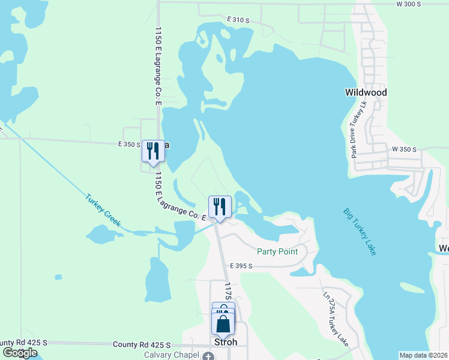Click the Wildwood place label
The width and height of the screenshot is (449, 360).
(x=366, y=92)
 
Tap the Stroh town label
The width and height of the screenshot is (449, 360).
(x=226, y=342)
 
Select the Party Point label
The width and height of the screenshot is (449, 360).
(x=277, y=251)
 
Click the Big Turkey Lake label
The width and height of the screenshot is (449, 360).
(x=360, y=232)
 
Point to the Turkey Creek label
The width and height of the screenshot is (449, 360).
(x=103, y=210)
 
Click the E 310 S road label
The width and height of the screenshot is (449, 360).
(x=238, y=20)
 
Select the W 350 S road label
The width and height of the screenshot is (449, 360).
(x=404, y=148)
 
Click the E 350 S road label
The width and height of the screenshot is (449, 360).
(x=129, y=145)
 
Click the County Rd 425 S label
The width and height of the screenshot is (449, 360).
(x=142, y=344)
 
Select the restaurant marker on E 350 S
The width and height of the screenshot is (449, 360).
(x=153, y=150)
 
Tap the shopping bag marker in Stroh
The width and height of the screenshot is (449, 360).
(x=223, y=323)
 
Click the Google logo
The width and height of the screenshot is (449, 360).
(x=20, y=353)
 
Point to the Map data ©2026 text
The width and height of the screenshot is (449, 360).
(x=423, y=355)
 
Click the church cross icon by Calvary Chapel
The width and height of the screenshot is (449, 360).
(x=208, y=356)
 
